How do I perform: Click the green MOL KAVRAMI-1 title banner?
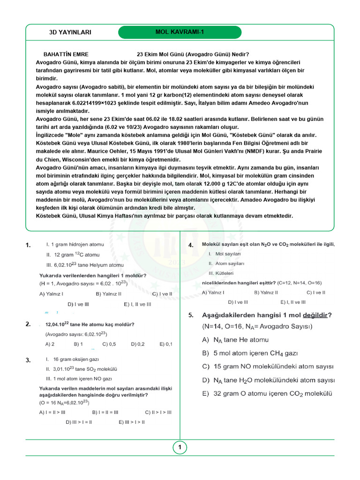point(180,32)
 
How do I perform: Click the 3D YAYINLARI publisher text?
point(70,32)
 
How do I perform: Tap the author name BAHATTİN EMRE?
point(66,54)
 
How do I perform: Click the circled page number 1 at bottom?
point(180,448)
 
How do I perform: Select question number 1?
point(29,245)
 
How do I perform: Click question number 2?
point(29,324)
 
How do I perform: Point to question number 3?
point(29,360)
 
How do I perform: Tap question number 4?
point(191,245)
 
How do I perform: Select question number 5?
point(191,315)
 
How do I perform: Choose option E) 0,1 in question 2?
point(165,344)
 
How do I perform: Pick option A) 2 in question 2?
point(50,344)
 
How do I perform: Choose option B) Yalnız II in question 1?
point(108,294)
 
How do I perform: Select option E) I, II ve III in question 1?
point(137,304)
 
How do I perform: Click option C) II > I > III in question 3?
point(158,412)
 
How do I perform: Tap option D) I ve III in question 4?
point(238,302)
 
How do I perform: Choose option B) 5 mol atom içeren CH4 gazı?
point(250,353)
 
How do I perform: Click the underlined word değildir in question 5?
point(315,315)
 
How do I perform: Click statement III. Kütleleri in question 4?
point(221,273)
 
